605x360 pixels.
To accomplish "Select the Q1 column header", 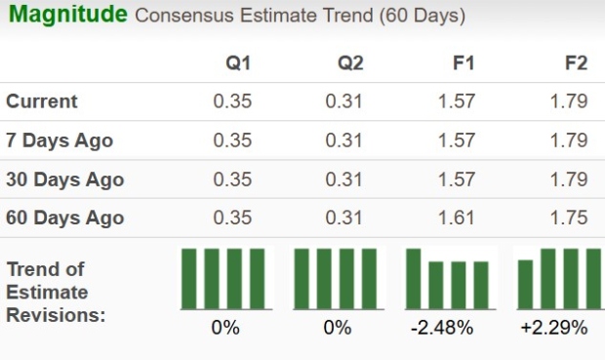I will click(x=238, y=62).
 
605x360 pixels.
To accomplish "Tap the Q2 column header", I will click(x=351, y=62).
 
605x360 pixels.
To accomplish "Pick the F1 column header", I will click(x=464, y=62).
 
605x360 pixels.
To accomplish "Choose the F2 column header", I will click(x=576, y=62).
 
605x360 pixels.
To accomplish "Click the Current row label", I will click(x=42, y=100).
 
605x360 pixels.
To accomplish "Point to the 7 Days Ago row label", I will click(x=60, y=140).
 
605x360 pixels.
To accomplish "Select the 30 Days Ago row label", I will click(x=64, y=180).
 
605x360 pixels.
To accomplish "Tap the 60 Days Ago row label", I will click(x=64, y=218).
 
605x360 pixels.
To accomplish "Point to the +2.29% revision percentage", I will click(x=554, y=328).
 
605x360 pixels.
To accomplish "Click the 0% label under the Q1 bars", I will click(x=225, y=328).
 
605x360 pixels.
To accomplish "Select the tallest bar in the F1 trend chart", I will click(x=414, y=278).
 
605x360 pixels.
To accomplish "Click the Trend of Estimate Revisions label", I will click(x=49, y=292).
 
